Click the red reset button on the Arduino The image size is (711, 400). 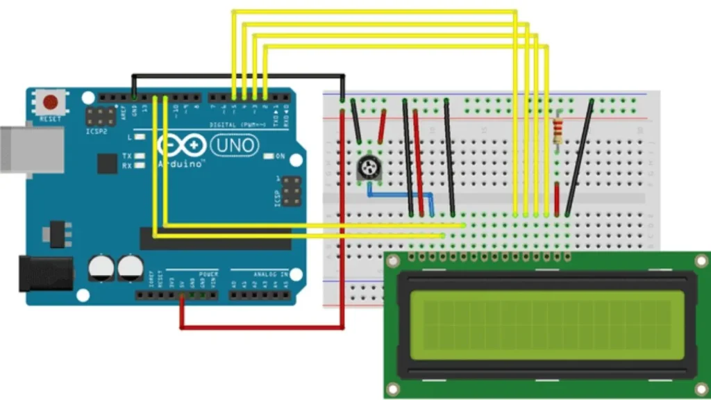(x=51, y=103)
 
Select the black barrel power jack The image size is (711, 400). (x=46, y=274)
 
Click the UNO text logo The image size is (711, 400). (x=234, y=146)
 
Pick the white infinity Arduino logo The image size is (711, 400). (x=183, y=146)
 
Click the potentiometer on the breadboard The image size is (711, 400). (x=366, y=167)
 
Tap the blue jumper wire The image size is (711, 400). (x=403, y=195)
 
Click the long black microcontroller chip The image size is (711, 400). (x=215, y=238)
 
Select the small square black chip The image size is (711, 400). (x=107, y=163)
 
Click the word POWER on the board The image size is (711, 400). (x=208, y=274)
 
